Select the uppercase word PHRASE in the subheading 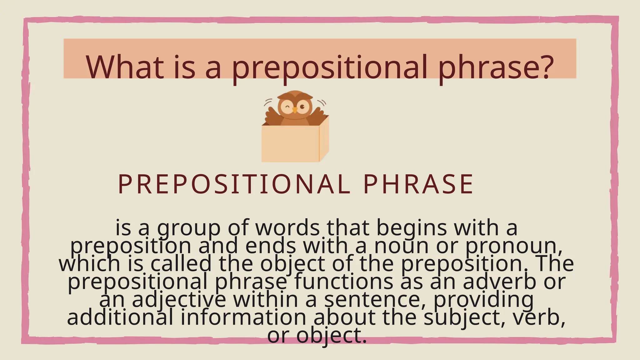click(419, 184)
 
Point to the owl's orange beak click(295, 110)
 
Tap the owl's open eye click(302, 107)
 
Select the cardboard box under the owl click(291, 144)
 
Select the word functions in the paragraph click(343, 282)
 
